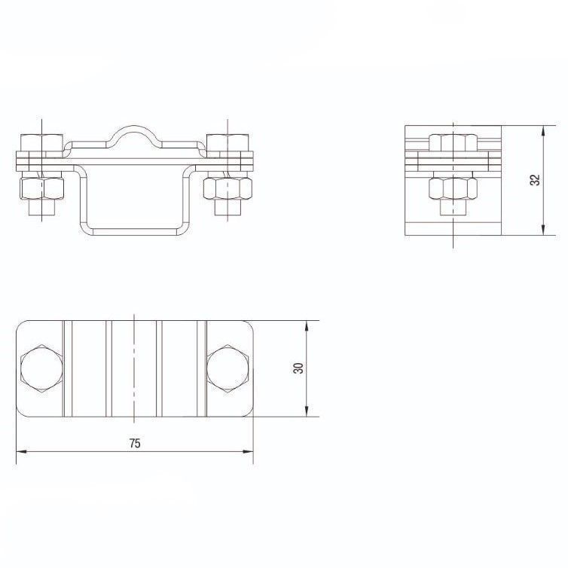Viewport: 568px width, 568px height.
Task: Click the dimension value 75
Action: [135, 443]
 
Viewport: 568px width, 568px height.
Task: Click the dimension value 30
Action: [298, 368]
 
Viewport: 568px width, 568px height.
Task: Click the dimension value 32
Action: [535, 180]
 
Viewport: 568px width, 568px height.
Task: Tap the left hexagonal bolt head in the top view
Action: [41, 368]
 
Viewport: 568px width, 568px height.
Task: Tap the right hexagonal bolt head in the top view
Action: [228, 368]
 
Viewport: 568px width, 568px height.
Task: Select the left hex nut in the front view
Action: [42, 188]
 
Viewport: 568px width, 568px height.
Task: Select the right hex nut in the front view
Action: [228, 188]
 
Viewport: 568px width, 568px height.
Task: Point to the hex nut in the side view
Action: [453, 188]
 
